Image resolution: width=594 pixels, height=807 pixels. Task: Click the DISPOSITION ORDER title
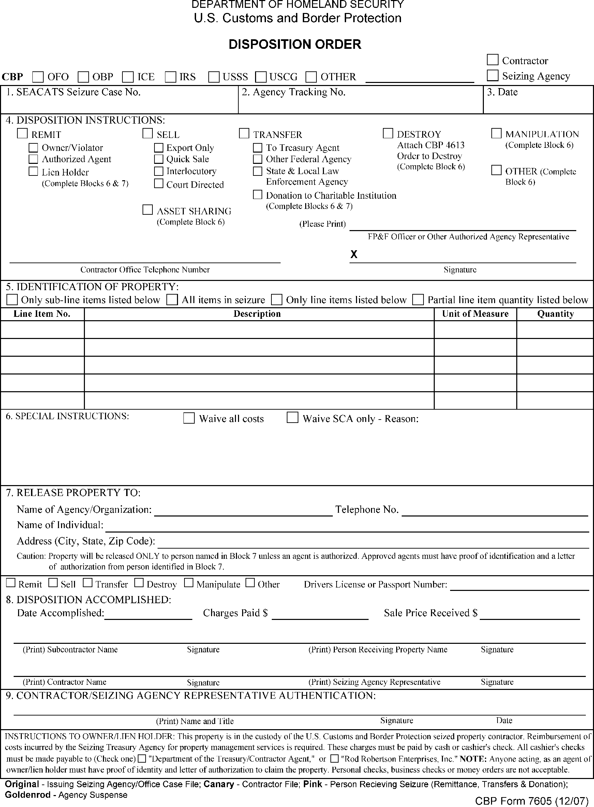(x=295, y=44)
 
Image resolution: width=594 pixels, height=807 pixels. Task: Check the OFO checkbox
(x=38, y=77)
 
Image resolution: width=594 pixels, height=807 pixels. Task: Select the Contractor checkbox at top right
(x=492, y=60)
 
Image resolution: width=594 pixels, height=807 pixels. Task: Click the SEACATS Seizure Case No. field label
(x=73, y=93)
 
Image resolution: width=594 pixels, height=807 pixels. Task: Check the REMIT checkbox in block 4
(x=22, y=133)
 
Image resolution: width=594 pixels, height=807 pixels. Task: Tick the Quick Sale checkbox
(x=159, y=159)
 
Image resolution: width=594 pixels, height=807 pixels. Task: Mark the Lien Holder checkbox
(x=33, y=171)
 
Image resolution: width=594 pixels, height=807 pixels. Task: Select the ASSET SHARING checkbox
(x=147, y=210)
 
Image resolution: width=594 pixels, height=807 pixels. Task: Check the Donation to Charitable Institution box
(x=257, y=195)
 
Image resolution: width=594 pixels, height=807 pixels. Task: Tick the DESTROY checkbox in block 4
(x=388, y=133)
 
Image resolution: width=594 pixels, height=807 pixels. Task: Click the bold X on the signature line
(x=354, y=254)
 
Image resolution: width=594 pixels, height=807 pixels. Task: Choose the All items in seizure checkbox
(x=172, y=299)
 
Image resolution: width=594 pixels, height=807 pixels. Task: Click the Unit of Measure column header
(x=475, y=314)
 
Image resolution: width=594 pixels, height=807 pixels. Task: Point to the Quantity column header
(x=555, y=314)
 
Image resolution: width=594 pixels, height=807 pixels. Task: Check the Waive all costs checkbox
(x=189, y=418)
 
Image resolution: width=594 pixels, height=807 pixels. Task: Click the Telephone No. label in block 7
(x=367, y=510)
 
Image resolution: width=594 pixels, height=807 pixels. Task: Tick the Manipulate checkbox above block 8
(x=189, y=583)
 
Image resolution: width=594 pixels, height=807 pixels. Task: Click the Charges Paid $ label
(x=235, y=613)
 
